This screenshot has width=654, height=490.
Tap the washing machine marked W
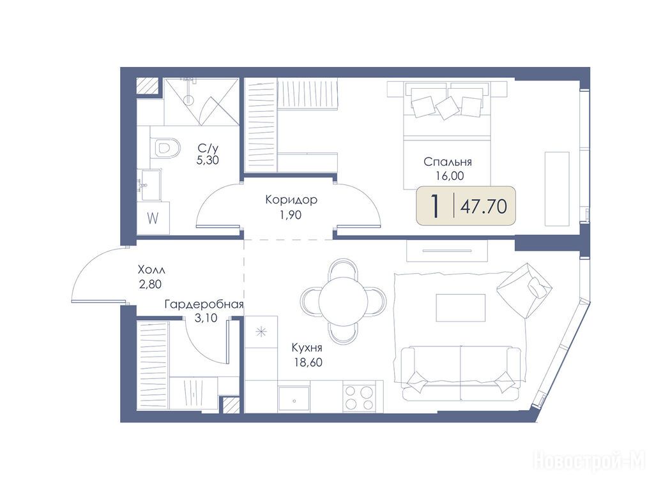(153, 218)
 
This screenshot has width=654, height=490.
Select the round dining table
(343, 301)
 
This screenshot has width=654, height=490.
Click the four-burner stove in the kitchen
(359, 397)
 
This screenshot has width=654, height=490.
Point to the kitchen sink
(294, 399)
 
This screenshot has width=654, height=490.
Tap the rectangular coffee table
(460, 308)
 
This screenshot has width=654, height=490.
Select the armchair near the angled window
(525, 290)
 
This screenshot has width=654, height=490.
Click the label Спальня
(448, 161)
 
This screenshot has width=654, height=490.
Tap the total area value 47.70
(484, 206)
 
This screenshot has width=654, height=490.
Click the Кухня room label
(307, 348)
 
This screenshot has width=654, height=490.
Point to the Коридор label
(291, 200)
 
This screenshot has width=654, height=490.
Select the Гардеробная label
(204, 304)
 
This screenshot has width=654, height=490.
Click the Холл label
(151, 270)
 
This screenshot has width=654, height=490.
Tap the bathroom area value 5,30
(208, 160)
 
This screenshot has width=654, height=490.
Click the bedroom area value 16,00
(450, 176)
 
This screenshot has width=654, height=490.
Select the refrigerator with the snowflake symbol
(261, 332)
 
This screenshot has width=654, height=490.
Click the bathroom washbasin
(151, 184)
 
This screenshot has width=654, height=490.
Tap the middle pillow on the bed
(446, 107)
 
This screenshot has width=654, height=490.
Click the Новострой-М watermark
(589, 461)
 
